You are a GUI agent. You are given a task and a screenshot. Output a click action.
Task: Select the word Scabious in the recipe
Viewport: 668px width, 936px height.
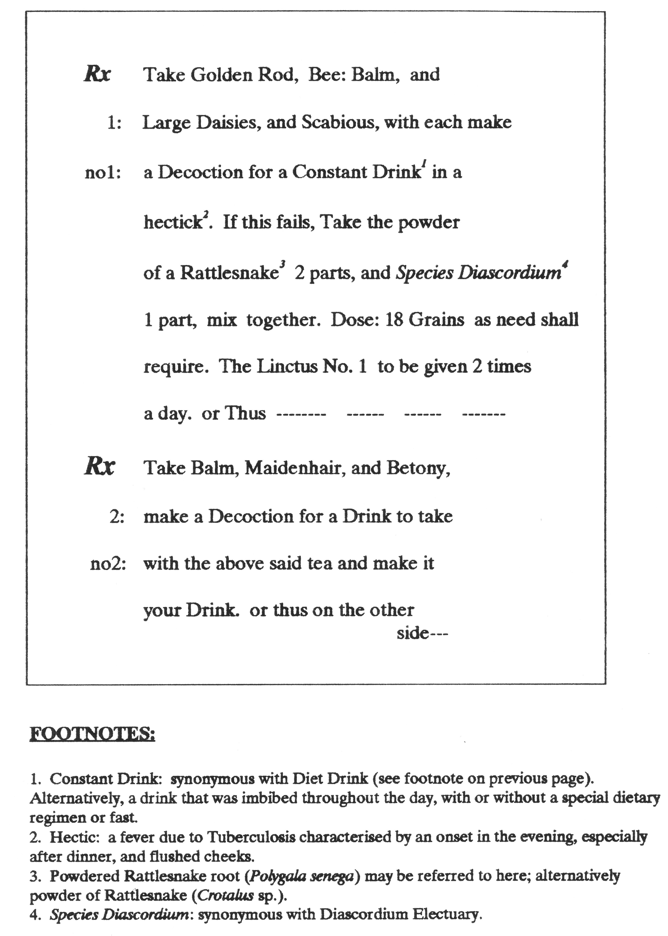point(340,123)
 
